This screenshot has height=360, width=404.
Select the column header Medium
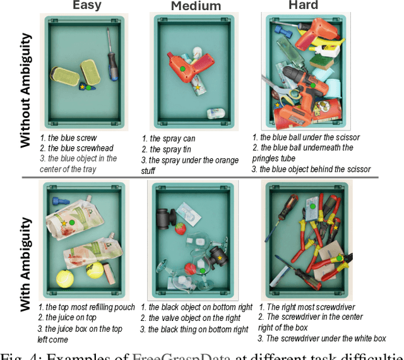pyautogui.click(x=196, y=6)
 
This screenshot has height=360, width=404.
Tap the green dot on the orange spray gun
pyautogui.click(x=182, y=67)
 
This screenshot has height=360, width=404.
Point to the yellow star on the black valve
pyautogui.click(x=220, y=258)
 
